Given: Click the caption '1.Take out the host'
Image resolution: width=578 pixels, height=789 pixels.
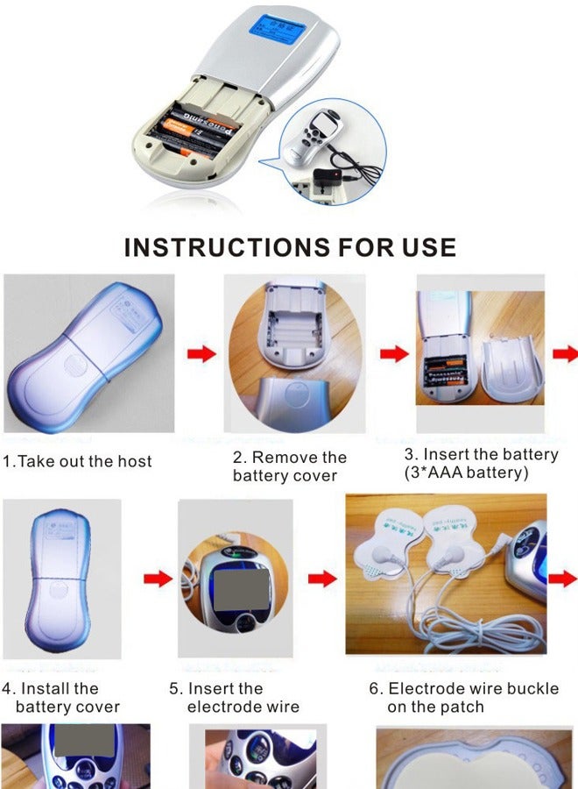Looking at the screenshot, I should pos(77,461).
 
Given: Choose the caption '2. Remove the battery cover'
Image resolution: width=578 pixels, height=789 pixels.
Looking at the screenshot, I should pos(289,466).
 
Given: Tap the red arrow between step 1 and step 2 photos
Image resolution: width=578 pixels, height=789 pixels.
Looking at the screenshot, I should pos(201,354).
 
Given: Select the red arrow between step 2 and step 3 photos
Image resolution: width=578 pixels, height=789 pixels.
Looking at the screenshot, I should pos(393,354).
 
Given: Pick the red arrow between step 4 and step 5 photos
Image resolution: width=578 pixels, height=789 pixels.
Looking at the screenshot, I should pos(157,579).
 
